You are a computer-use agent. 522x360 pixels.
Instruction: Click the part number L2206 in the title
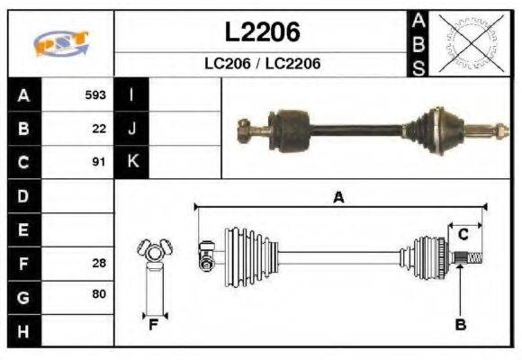(x=262, y=33)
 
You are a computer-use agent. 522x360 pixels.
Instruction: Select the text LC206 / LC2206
(x=262, y=64)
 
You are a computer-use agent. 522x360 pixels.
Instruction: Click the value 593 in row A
(x=95, y=94)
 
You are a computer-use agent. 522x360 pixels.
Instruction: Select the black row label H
(x=22, y=330)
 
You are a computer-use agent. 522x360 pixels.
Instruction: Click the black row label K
(x=132, y=163)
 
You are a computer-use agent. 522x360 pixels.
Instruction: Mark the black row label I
(x=132, y=94)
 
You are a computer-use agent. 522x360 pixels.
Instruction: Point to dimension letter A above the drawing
(x=338, y=198)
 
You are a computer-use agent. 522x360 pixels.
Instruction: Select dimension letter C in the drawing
(x=463, y=235)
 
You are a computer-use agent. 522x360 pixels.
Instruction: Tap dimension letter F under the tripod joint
(x=153, y=324)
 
